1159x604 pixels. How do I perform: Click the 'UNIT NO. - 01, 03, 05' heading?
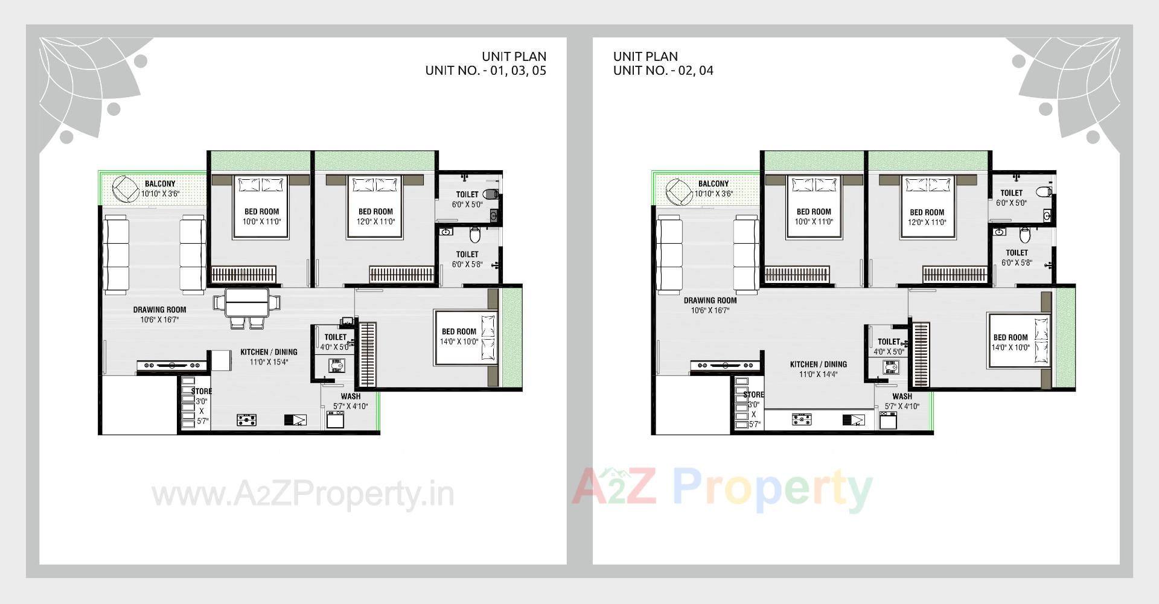pos(485,70)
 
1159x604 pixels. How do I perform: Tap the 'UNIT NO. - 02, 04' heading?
pos(663,70)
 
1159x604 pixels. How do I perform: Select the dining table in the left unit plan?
pos(246,302)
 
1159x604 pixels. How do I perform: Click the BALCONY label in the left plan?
pos(160,183)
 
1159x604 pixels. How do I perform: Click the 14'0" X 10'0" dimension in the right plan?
pos(1010,348)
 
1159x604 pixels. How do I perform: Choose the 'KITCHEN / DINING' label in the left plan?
pos(269,352)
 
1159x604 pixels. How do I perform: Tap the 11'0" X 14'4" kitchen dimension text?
pos(818,374)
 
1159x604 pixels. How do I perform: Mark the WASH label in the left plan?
pos(350,396)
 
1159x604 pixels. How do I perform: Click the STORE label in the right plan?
pos(753,395)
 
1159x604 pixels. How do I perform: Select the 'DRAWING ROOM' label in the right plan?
pos(710,300)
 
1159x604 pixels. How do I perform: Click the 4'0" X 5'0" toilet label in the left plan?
pos(335,348)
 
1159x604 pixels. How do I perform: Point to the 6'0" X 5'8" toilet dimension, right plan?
pos(1017,263)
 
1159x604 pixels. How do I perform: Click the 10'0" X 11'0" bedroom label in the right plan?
pos(814,222)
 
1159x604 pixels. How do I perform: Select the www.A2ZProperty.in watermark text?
pos(302,495)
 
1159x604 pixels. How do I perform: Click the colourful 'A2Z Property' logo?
pos(722,489)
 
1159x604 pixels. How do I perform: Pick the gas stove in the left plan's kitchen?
pos(246,419)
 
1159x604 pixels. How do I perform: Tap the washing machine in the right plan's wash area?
pos(887,420)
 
